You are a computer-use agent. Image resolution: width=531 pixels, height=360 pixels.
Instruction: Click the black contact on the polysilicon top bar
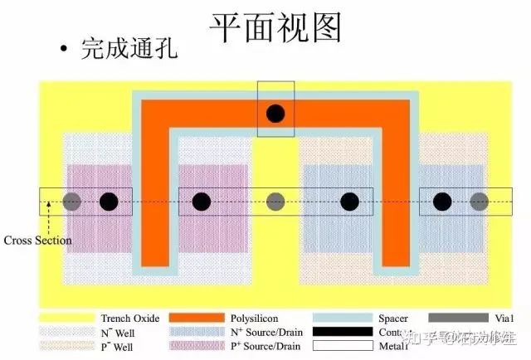click(x=276, y=114)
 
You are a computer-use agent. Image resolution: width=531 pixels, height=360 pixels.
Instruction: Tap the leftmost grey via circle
click(x=71, y=202)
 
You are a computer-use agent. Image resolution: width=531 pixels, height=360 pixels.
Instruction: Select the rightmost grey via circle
click(x=479, y=202)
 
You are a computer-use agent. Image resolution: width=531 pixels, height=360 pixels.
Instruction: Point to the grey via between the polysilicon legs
click(x=276, y=202)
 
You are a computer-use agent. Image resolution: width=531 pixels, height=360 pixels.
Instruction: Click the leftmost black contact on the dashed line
click(x=109, y=202)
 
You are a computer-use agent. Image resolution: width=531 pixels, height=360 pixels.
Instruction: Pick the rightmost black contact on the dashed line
click(x=442, y=202)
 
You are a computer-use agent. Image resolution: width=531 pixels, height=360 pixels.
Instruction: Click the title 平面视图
click(x=275, y=28)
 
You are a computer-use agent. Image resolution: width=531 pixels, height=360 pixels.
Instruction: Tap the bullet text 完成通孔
click(x=129, y=49)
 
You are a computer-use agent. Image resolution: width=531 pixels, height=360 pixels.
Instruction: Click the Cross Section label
click(x=37, y=241)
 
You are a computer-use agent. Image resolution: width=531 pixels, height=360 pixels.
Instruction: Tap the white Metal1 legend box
click(x=341, y=345)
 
